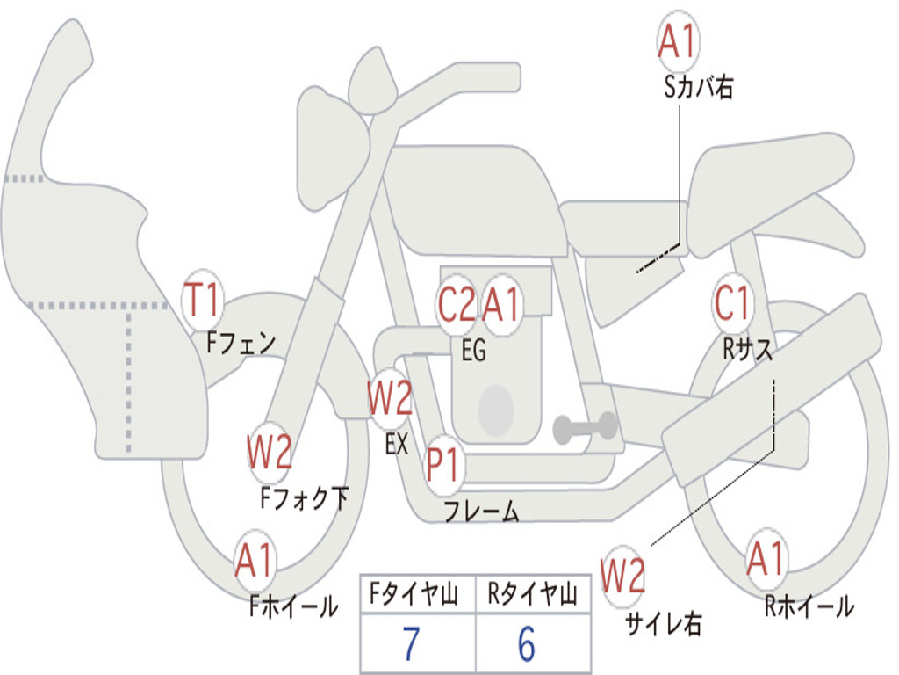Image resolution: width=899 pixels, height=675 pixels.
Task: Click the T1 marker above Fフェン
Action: coord(202,301)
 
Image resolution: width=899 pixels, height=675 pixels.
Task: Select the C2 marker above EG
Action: coord(457,303)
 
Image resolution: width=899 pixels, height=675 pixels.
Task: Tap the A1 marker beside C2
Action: coord(501,303)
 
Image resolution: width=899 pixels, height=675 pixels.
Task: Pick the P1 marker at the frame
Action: coord(443,464)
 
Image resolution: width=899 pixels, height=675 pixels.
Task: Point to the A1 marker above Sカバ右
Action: coord(677,41)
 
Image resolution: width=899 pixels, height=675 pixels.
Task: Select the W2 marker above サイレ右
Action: coord(622,576)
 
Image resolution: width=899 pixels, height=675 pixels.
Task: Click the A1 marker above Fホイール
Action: coord(255,561)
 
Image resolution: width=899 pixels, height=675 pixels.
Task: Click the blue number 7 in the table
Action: coord(411,644)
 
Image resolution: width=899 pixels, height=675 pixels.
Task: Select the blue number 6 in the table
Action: coord(527,644)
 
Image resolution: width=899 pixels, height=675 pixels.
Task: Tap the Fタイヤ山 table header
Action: coord(414,594)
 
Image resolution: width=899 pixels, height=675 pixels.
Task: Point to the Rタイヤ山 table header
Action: coord(533,594)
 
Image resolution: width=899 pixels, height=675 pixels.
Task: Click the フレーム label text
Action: coord(481,511)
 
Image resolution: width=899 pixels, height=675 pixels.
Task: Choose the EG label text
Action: coord(473,350)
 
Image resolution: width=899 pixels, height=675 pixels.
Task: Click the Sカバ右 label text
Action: coord(698,87)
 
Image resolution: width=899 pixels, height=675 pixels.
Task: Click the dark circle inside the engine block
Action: coord(496,410)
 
